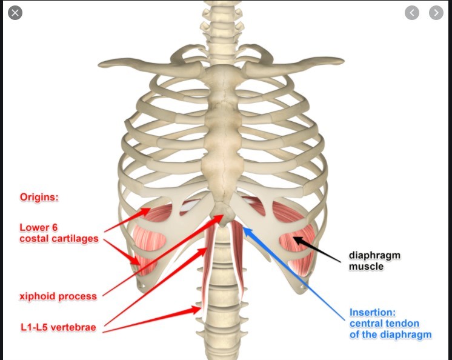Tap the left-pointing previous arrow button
412,12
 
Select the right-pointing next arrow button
436,12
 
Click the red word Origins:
39,197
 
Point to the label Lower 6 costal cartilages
58,233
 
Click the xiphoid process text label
58,296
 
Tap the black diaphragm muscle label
374,261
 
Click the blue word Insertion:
372,313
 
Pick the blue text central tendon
384,324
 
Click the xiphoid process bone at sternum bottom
222,216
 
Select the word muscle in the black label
366,266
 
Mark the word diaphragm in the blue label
408,335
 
